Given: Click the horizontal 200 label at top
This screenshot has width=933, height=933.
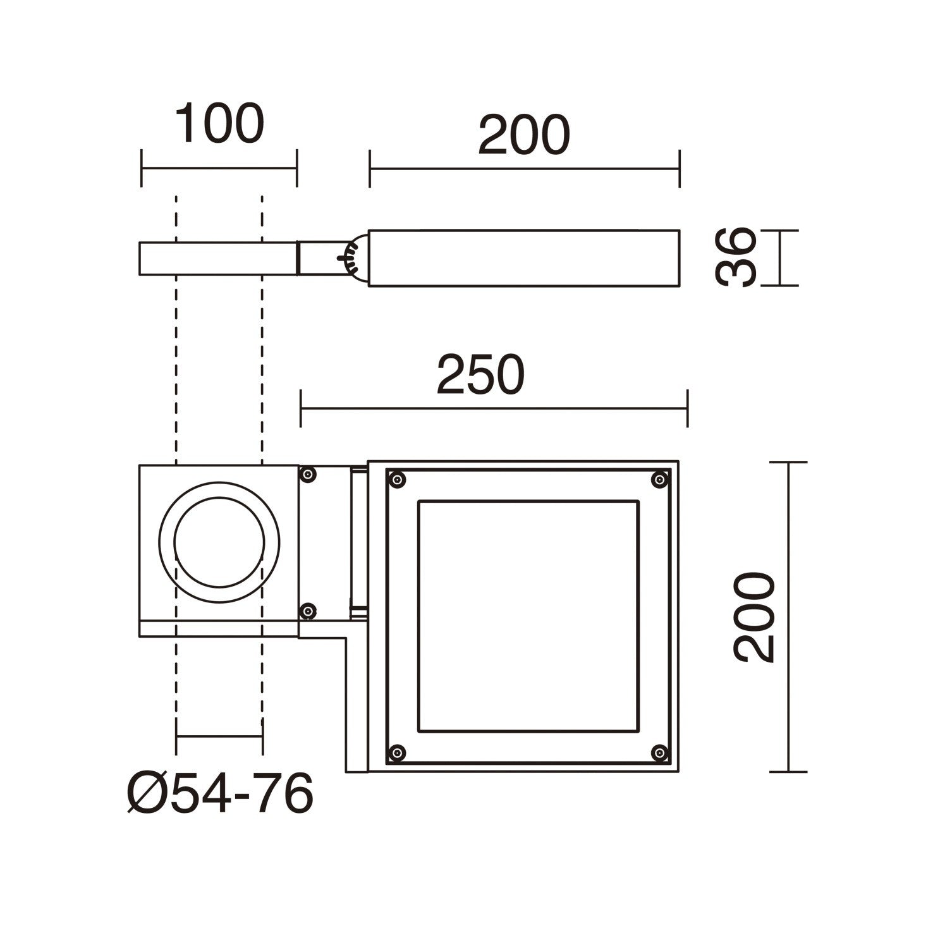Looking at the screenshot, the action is click(x=524, y=135).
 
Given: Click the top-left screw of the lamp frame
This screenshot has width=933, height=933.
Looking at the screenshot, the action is click(x=397, y=480).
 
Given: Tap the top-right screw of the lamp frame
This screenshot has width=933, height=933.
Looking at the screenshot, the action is click(x=660, y=480).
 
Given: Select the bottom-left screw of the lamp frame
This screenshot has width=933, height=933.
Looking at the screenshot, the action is click(x=397, y=752).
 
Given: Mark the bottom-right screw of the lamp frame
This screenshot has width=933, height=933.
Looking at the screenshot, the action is click(x=660, y=752).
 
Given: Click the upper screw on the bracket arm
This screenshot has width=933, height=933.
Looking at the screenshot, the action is click(x=308, y=474).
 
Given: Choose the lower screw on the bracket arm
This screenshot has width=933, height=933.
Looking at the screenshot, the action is click(x=308, y=611).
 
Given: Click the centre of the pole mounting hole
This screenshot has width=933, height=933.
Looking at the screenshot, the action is click(x=219, y=542).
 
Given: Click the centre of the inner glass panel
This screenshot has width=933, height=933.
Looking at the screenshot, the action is click(x=528, y=616).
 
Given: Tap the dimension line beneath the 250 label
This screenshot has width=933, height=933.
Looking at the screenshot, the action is click(x=494, y=408).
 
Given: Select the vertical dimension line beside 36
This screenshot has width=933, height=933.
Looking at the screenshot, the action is click(x=780, y=258).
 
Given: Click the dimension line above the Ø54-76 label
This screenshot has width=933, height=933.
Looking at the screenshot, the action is click(x=219, y=736).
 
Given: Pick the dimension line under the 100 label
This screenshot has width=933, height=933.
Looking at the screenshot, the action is click(x=219, y=168).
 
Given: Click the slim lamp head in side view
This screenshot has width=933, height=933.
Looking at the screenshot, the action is click(x=524, y=258).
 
